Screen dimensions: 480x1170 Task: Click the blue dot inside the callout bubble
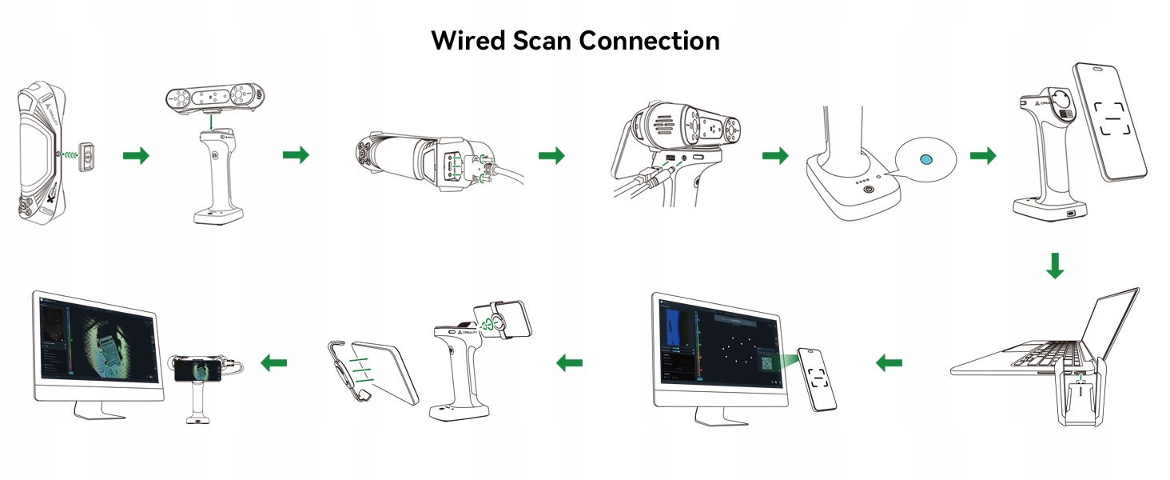tap(925, 159)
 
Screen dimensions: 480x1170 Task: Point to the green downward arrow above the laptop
tap(1055, 266)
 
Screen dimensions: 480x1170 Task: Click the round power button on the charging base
tap(869, 192)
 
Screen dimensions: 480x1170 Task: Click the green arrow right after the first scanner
tap(136, 156)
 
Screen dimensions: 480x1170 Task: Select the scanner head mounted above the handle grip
tap(213, 98)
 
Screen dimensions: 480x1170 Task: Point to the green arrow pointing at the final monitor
tap(273, 363)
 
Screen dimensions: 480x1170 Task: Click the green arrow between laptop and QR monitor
tap(889, 363)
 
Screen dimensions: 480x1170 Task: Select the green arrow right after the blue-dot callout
tap(983, 155)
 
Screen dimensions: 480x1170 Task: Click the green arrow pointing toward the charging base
tap(774, 155)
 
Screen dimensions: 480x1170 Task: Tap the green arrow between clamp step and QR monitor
tap(569, 363)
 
